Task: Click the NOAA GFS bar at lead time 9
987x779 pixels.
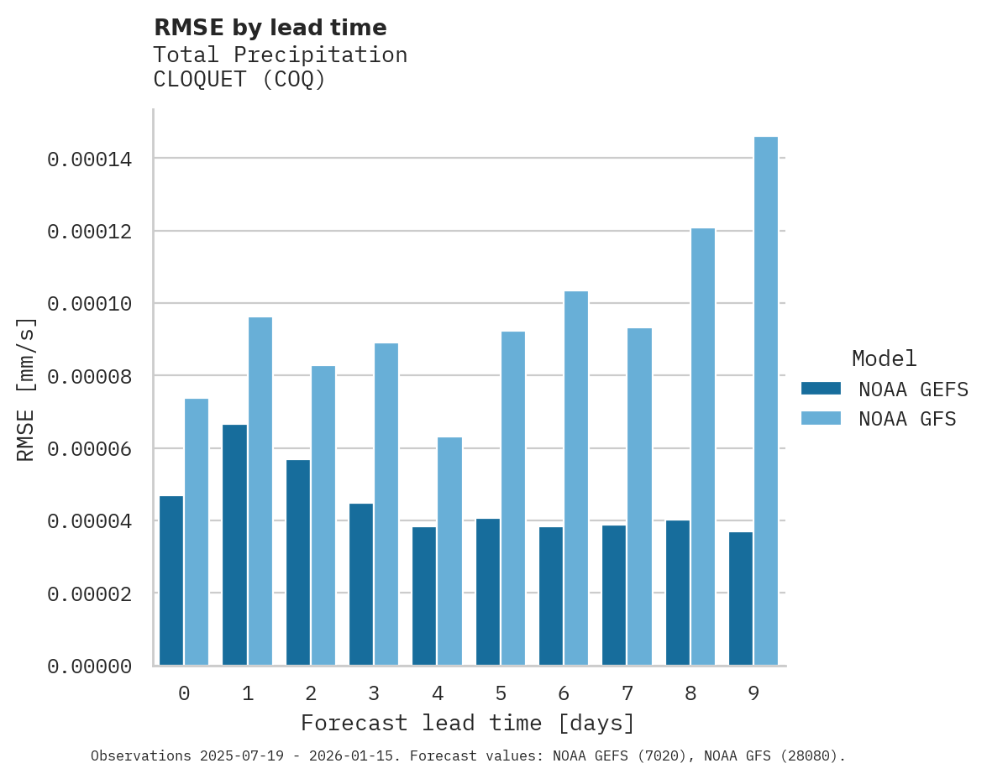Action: [765, 400]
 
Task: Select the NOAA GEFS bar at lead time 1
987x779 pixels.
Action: [234, 545]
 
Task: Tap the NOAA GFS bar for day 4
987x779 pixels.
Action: [449, 551]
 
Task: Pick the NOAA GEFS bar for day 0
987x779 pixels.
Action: [171, 580]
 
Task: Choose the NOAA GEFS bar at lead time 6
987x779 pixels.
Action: [551, 596]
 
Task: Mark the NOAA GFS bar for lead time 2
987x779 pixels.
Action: [323, 515]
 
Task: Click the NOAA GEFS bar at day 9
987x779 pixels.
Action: [741, 599]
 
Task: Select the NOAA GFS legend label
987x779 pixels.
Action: [907, 419]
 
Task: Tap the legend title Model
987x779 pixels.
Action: [884, 358]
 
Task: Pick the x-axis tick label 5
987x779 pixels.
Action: [501, 693]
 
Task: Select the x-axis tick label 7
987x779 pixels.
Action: [627, 693]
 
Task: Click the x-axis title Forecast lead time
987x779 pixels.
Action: [468, 723]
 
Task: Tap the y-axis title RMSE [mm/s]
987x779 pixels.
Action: [27, 389]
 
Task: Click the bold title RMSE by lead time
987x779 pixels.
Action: [270, 28]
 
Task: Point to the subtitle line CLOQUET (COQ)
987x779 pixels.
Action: [239, 80]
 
